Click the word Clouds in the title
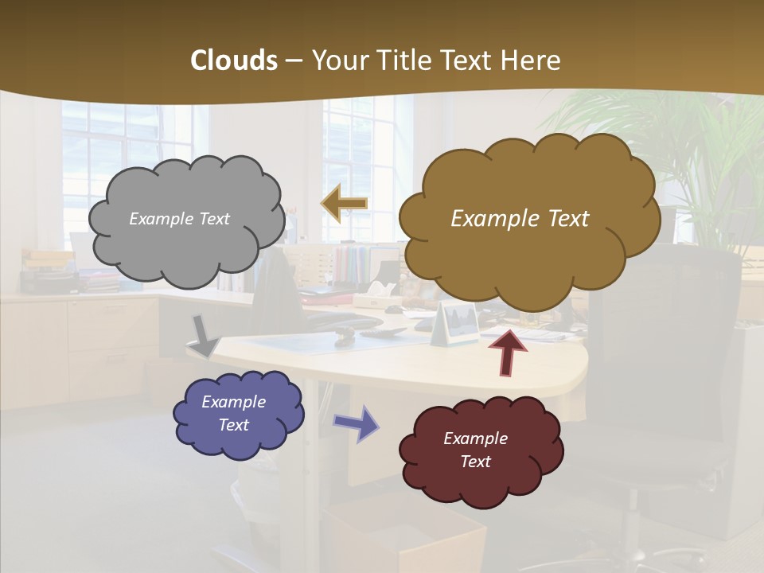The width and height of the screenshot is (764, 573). (234, 60)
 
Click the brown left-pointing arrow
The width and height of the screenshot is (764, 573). (344, 204)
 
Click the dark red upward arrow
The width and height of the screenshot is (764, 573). (508, 353)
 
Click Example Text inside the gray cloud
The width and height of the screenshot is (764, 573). (179, 219)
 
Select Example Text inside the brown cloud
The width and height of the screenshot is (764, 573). (520, 219)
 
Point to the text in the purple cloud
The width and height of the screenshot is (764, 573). (233, 413)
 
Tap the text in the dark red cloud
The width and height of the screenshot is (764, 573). (475, 450)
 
